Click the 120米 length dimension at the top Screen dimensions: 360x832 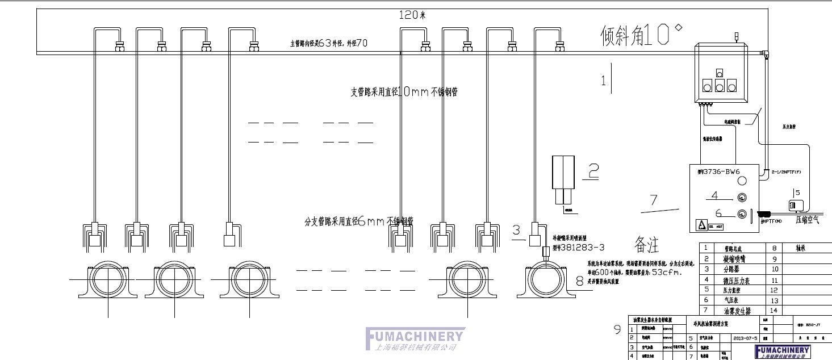click(x=412, y=15)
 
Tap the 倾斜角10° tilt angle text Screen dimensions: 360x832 click(x=641, y=35)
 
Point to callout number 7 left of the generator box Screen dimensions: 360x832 click(x=653, y=200)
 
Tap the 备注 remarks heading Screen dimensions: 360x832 click(x=646, y=245)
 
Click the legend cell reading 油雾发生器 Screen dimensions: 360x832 click(x=737, y=311)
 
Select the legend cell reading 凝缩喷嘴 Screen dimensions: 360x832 click(x=737, y=258)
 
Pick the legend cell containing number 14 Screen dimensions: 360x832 click(x=774, y=311)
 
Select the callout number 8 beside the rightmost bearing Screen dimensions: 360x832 click(x=579, y=280)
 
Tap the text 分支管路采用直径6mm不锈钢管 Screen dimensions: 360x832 click(x=358, y=221)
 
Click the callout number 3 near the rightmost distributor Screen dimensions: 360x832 click(x=516, y=230)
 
